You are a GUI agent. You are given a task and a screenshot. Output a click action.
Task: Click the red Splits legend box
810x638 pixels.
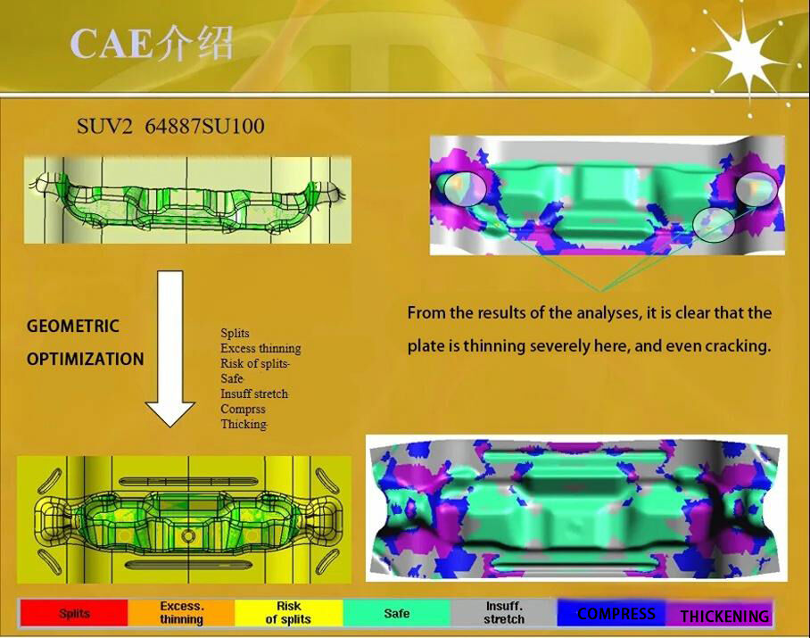tap(74, 613)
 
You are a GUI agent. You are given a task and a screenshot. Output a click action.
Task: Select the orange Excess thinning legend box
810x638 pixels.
tap(181, 613)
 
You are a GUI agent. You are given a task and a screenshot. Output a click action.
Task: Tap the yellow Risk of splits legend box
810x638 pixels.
tap(288, 613)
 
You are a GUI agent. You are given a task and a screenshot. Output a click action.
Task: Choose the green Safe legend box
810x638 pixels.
tap(397, 613)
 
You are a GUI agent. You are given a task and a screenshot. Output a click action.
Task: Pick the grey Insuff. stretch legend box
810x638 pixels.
tap(504, 613)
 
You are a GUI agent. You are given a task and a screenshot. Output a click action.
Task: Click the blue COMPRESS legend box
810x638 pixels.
tap(615, 613)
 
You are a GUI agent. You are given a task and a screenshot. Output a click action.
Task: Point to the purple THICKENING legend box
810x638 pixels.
tap(724, 615)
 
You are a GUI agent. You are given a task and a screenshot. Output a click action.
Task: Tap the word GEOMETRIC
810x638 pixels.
tap(73, 326)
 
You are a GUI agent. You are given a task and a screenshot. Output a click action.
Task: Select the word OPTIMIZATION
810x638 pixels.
tap(85, 359)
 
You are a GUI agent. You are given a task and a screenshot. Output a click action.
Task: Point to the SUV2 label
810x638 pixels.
tap(104, 126)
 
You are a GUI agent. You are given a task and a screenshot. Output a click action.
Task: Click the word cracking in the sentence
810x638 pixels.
tap(737, 345)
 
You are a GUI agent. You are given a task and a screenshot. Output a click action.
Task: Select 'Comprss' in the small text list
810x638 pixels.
tap(243, 409)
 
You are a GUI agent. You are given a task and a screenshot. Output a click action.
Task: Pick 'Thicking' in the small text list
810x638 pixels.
tap(244, 424)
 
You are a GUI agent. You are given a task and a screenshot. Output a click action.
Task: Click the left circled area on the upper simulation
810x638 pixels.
tap(461, 187)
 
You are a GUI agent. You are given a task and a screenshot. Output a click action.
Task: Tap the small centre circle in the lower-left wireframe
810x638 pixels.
tap(188, 535)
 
